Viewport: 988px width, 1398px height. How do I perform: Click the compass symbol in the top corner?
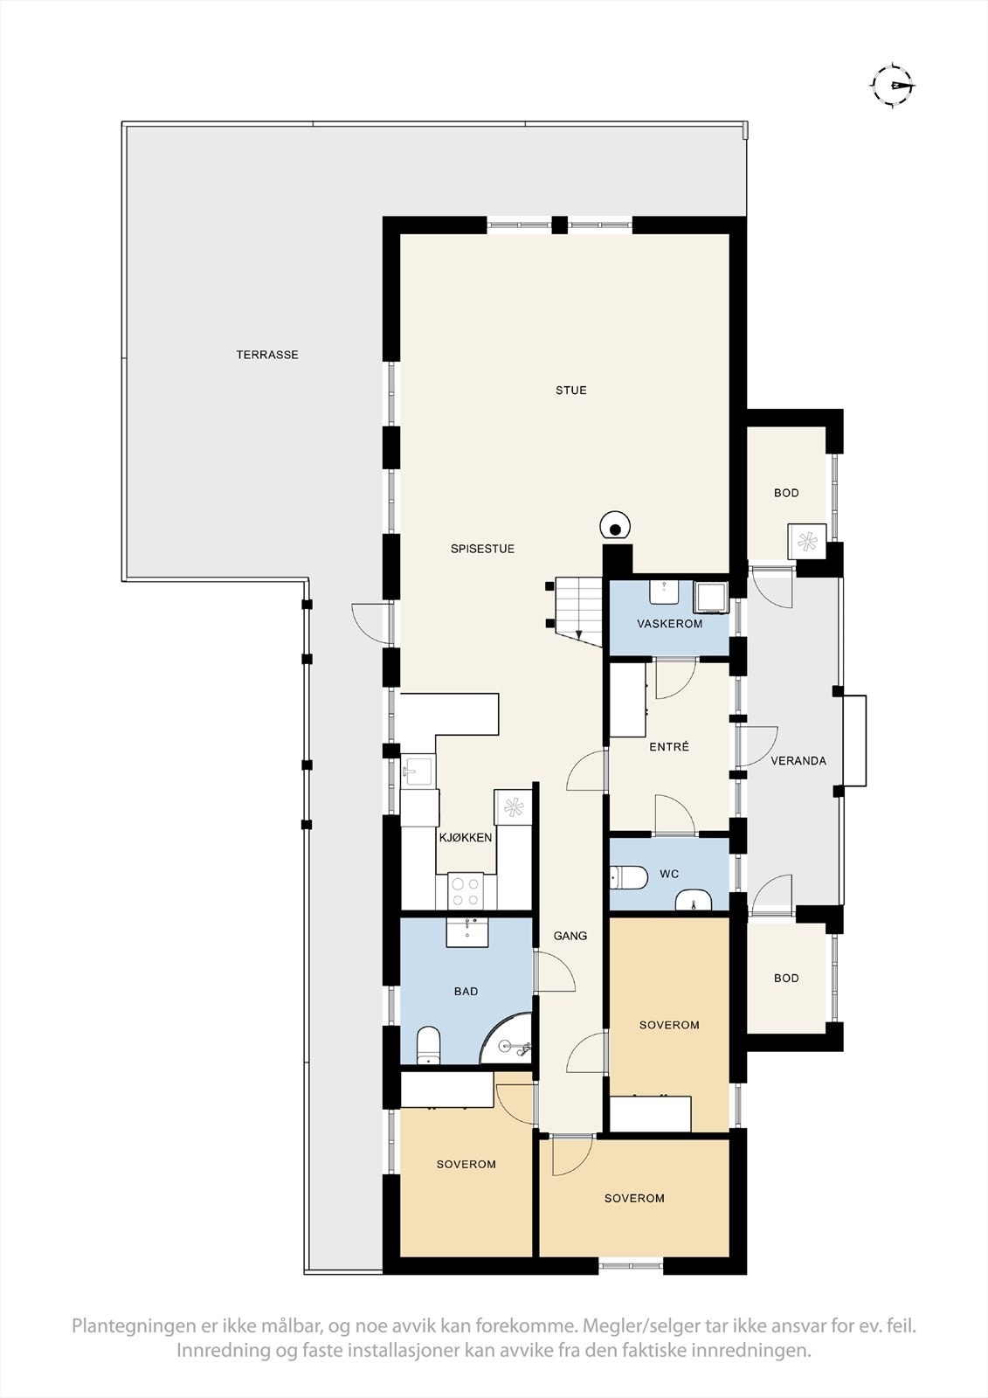pyautogui.click(x=892, y=85)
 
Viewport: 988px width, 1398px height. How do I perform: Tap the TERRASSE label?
pyautogui.click(x=267, y=355)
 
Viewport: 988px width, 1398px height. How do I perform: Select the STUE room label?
pyautogui.click(x=571, y=391)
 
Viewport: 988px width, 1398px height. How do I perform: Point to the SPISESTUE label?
pyautogui.click(x=482, y=549)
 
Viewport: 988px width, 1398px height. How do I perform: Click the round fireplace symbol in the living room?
pyautogui.click(x=615, y=528)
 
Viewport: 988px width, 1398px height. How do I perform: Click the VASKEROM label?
pyautogui.click(x=669, y=624)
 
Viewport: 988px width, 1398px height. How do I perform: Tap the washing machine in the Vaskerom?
pyautogui.click(x=709, y=597)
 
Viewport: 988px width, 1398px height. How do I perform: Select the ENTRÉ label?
pyautogui.click(x=669, y=747)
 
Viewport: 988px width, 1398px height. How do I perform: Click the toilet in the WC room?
pyautogui.click(x=627, y=876)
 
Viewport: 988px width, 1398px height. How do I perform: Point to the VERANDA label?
pyautogui.click(x=798, y=761)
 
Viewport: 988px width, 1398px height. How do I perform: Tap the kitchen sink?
pyautogui.click(x=418, y=772)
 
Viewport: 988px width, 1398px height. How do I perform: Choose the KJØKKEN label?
pyautogui.click(x=466, y=837)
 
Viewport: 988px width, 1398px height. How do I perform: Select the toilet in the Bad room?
pyautogui.click(x=428, y=1046)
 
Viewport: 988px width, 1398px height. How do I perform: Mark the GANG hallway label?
pyautogui.click(x=570, y=936)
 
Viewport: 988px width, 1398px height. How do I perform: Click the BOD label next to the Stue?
pyautogui.click(x=786, y=493)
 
